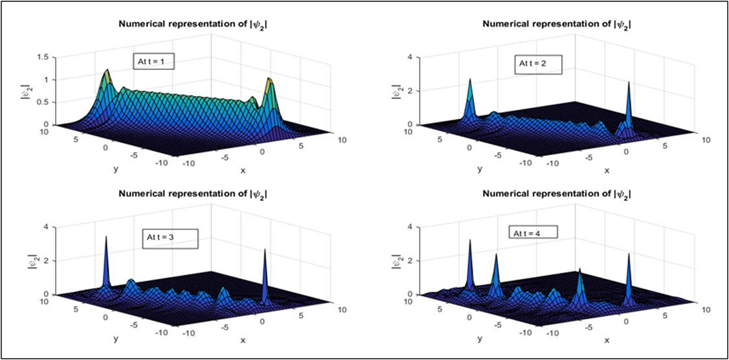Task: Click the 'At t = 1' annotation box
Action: pyautogui.click(x=153, y=61)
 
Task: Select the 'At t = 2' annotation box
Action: pyautogui.click(x=538, y=64)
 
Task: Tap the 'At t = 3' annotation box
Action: pyautogui.click(x=170, y=239)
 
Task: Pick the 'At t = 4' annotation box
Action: pyautogui.click(x=533, y=232)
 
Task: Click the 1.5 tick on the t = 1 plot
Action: pyautogui.click(x=43, y=57)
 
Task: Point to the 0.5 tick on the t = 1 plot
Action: pyautogui.click(x=43, y=102)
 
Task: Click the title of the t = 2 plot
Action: pyautogui.click(x=557, y=24)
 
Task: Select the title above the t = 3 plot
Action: pyautogui.click(x=193, y=194)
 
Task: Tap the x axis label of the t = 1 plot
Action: pyautogui.click(x=243, y=170)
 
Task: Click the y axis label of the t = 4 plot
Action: pyautogui.click(x=480, y=338)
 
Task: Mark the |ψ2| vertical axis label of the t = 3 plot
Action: pyautogui.click(x=32, y=262)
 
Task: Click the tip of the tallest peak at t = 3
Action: pyautogui.click(x=106, y=237)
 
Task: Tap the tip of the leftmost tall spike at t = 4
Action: pyautogui.click(x=470, y=240)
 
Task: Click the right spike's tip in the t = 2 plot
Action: pyautogui.click(x=629, y=82)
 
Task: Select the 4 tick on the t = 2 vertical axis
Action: pyautogui.click(x=410, y=57)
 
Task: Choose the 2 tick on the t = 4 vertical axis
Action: pyautogui.click(x=410, y=261)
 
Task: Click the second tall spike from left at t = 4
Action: pyautogui.click(x=496, y=255)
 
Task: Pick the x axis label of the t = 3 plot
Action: pyautogui.click(x=243, y=340)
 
